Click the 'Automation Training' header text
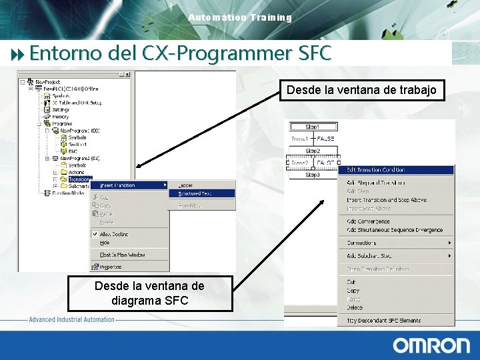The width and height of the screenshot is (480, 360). click(x=240, y=17)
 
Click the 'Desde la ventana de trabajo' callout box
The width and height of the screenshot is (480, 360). click(x=361, y=90)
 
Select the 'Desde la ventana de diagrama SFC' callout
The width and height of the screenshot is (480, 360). click(x=150, y=293)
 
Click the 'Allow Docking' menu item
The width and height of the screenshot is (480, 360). click(x=114, y=234)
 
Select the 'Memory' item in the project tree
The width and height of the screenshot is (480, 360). click(x=60, y=117)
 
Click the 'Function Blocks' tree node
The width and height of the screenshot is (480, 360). click(x=67, y=193)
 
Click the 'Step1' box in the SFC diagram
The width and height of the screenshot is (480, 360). click(x=312, y=127)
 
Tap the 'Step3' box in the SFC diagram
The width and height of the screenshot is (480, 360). click(x=312, y=175)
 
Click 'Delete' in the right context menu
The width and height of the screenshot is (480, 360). click(x=355, y=308)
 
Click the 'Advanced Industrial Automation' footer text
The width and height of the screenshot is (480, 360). click(x=72, y=320)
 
